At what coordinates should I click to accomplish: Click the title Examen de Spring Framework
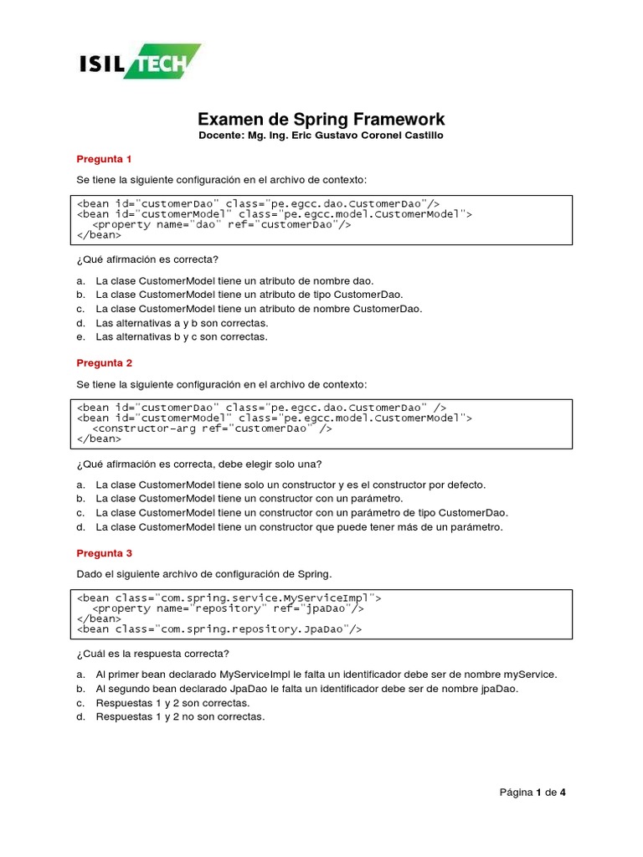pyautogui.click(x=321, y=119)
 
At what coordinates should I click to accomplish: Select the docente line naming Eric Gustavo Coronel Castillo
pyautogui.click(x=321, y=136)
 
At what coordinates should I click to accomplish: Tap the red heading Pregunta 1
pyautogui.click(x=104, y=158)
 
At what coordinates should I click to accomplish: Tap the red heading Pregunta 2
pyautogui.click(x=104, y=363)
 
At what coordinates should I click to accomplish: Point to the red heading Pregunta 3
pyautogui.click(x=104, y=553)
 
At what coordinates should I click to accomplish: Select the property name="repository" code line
pyautogui.click(x=228, y=609)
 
